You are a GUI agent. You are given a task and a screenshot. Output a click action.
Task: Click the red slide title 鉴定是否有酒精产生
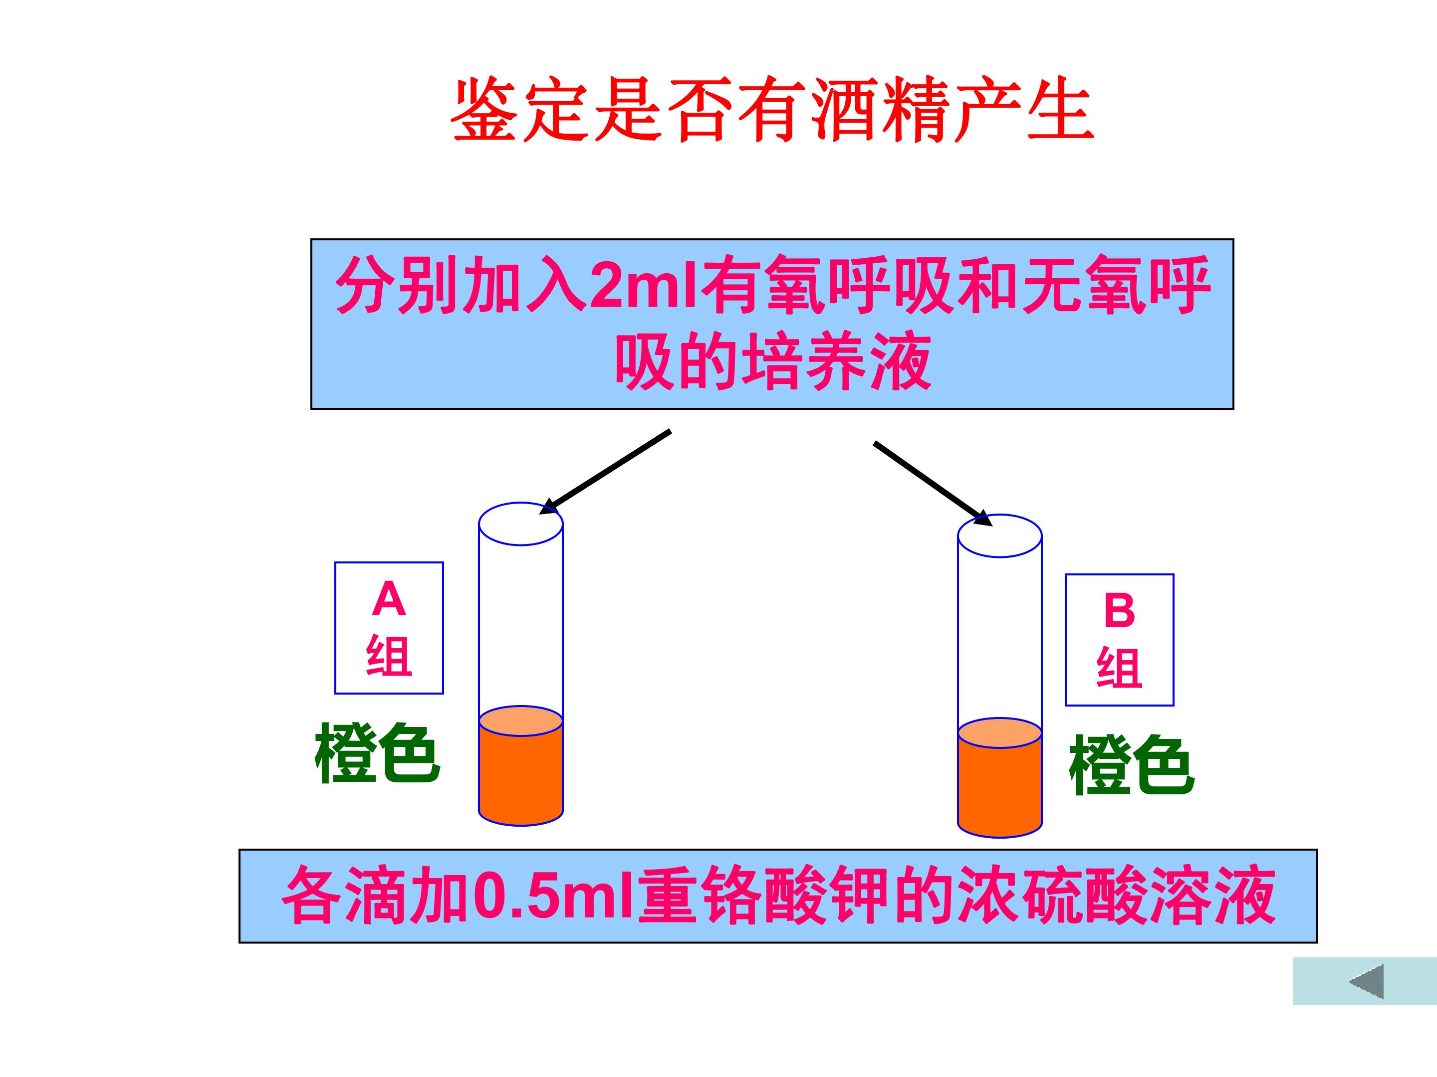point(772,109)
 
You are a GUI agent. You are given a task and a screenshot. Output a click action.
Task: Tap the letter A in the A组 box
point(389,598)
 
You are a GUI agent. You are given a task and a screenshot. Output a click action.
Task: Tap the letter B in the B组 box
point(1119,610)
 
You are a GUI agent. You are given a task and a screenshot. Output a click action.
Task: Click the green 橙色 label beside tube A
point(377,754)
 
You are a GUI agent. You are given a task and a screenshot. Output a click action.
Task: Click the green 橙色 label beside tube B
point(1132,765)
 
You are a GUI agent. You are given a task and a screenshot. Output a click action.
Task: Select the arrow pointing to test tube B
point(933,484)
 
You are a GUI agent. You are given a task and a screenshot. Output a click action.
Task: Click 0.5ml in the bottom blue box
point(553,896)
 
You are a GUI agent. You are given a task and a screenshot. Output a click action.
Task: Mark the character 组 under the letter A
point(389,656)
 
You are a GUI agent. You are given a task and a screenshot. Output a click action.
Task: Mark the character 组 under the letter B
point(1119,667)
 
